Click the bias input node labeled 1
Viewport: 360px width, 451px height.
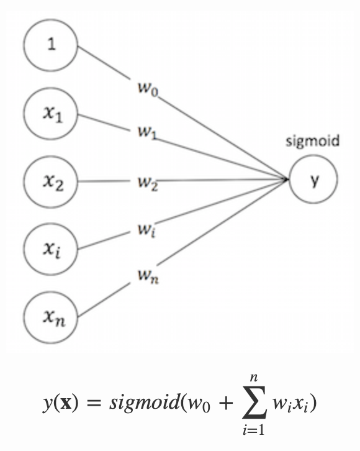click(x=50, y=45)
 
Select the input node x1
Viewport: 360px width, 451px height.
click(x=50, y=114)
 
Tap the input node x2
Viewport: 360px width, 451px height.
click(x=50, y=182)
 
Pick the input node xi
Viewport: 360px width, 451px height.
click(x=50, y=249)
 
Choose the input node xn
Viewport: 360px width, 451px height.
click(x=50, y=317)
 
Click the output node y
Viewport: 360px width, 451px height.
click(x=313, y=179)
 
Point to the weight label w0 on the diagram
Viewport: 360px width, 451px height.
click(x=148, y=88)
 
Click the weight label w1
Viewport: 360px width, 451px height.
click(x=147, y=133)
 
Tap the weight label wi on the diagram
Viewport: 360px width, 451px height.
click(x=146, y=230)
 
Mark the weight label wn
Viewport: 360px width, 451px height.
click(x=148, y=276)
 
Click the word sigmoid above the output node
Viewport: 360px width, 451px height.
click(x=313, y=142)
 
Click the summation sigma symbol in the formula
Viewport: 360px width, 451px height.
click(x=254, y=403)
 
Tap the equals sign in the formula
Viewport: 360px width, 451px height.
click(x=94, y=403)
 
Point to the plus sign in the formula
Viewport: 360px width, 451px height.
click(x=225, y=403)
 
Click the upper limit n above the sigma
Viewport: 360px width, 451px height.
click(x=254, y=377)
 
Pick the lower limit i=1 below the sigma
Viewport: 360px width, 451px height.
click(x=253, y=430)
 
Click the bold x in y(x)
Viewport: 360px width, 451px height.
click(x=66, y=403)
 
